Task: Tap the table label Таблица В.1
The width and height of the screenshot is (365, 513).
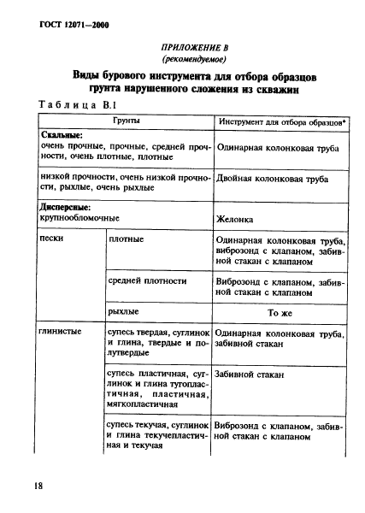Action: [78, 104]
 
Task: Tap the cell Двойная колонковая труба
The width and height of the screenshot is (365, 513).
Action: [273, 180]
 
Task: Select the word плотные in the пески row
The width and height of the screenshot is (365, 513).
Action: [127, 239]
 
